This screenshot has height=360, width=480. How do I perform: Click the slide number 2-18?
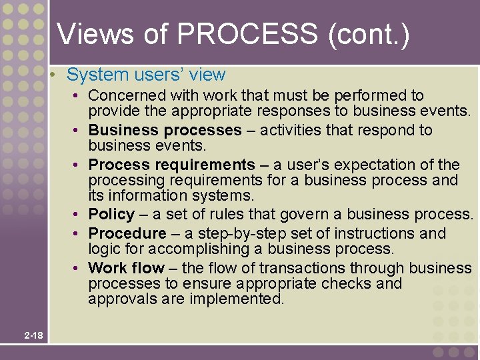pos(33,335)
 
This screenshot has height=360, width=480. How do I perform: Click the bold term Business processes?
pos(165,130)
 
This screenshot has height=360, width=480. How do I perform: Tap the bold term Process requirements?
pos(171,165)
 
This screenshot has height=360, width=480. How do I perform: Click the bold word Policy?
pos(111,215)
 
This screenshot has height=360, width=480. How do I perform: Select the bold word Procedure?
pos(127,233)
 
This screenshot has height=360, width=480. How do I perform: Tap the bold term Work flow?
pos(126,268)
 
